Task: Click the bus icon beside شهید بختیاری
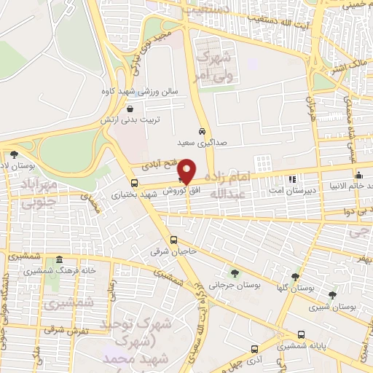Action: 134,183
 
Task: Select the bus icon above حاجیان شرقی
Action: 173,240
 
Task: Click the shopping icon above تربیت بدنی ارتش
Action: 129,108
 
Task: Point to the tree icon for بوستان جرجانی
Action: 235,273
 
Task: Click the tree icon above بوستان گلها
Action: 295,277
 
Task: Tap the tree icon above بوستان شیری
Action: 332,295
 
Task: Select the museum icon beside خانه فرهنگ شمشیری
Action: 59,260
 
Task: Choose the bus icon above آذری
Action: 254,349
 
